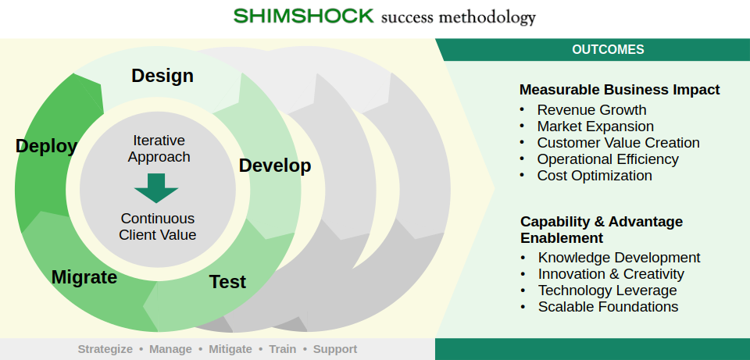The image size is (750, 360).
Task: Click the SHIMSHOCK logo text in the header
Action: pyautogui.click(x=303, y=16)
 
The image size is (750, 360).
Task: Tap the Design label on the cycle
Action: pyautogui.click(x=162, y=76)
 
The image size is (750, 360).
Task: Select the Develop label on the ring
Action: pyautogui.click(x=275, y=166)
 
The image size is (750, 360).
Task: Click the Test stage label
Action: pyautogui.click(x=227, y=282)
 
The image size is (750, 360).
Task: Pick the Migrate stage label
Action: pyautogui.click(x=84, y=277)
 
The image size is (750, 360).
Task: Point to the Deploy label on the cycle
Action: pyautogui.click(x=46, y=146)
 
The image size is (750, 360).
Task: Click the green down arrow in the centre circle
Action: pyautogui.click(x=156, y=188)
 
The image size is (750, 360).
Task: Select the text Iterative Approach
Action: pyautogui.click(x=159, y=148)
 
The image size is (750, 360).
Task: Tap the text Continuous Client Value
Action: pyautogui.click(x=158, y=226)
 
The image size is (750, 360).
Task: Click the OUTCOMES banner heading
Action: pyautogui.click(x=608, y=49)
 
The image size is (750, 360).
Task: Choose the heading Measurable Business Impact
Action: pyautogui.click(x=620, y=90)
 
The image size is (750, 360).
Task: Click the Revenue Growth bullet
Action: pyautogui.click(x=591, y=110)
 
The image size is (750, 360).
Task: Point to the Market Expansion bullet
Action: pyautogui.click(x=595, y=127)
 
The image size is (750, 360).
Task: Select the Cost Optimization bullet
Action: pyautogui.click(x=595, y=176)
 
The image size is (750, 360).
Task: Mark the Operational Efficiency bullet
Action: pyautogui.click(x=608, y=159)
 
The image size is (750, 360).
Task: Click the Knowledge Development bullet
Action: pyautogui.click(x=619, y=258)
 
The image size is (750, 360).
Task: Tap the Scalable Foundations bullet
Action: pyautogui.click(x=608, y=307)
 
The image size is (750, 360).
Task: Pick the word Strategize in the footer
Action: pyautogui.click(x=105, y=349)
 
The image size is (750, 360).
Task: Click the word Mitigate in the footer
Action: pyautogui.click(x=230, y=349)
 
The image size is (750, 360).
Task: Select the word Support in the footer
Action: pyautogui.click(x=335, y=349)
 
